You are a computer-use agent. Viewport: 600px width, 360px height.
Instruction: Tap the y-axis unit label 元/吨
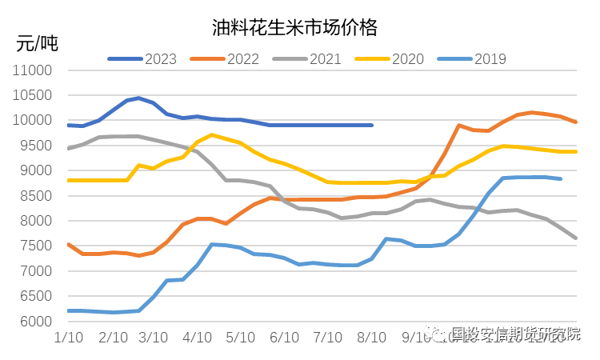coord(37,43)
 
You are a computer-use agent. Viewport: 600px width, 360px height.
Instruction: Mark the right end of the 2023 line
coord(372,125)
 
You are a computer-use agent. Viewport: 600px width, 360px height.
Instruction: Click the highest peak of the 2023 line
coord(138,98)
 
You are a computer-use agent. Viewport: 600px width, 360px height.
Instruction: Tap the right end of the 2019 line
coord(561,178)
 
